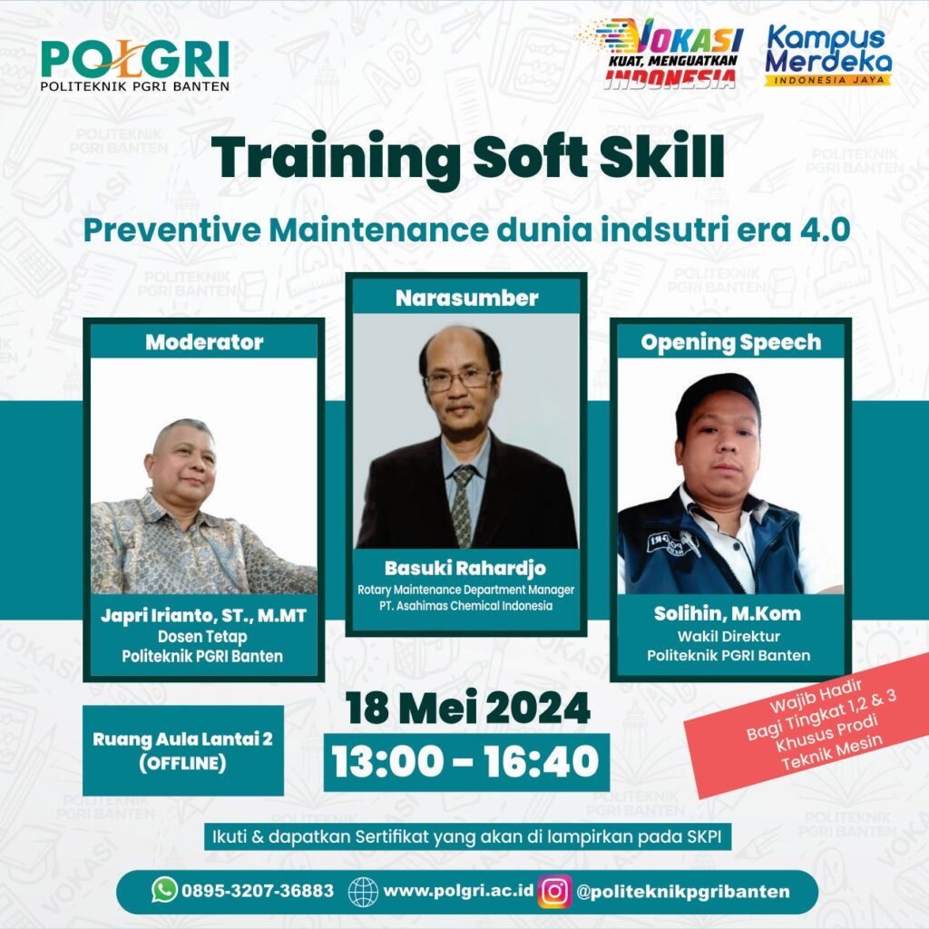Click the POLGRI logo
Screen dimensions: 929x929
pyautogui.click(x=135, y=65)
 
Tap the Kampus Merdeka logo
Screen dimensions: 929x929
pyautogui.click(x=827, y=55)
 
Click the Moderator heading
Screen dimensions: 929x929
pyautogui.click(x=204, y=342)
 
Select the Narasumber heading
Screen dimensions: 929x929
pyautogui.click(x=467, y=298)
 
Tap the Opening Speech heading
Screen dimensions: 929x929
pyautogui.click(x=730, y=342)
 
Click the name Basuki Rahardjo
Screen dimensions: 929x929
pyautogui.click(x=465, y=568)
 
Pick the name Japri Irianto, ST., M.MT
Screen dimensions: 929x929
pyautogui.click(x=203, y=616)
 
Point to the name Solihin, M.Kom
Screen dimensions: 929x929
pyautogui.click(x=728, y=613)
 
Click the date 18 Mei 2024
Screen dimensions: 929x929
pyautogui.click(x=467, y=708)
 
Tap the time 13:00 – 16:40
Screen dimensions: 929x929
pyautogui.click(x=466, y=761)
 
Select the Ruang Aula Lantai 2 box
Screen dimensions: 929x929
pyautogui.click(x=183, y=750)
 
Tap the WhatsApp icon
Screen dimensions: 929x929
pyautogui.click(x=165, y=889)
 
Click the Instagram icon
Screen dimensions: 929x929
pyautogui.click(x=554, y=891)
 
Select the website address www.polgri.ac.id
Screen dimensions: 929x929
pyautogui.click(x=458, y=891)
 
